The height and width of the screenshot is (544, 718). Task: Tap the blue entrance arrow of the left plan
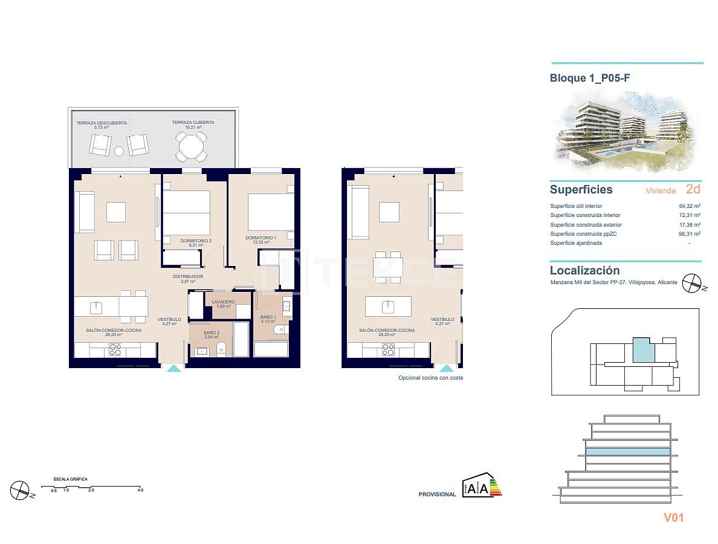173,368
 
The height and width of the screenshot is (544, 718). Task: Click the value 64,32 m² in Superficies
689,206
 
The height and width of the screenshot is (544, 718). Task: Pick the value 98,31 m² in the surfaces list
689,234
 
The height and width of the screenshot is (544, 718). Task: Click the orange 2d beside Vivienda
693,189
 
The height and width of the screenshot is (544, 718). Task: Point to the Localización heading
584,271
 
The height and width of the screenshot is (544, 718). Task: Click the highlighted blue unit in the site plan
643,350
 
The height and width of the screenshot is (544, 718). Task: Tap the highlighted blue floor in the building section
629,452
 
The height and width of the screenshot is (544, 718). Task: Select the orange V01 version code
673,517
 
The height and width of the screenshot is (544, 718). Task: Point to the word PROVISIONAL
437,494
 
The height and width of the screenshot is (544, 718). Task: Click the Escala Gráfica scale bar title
70,479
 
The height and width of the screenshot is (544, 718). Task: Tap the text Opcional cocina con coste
430,378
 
